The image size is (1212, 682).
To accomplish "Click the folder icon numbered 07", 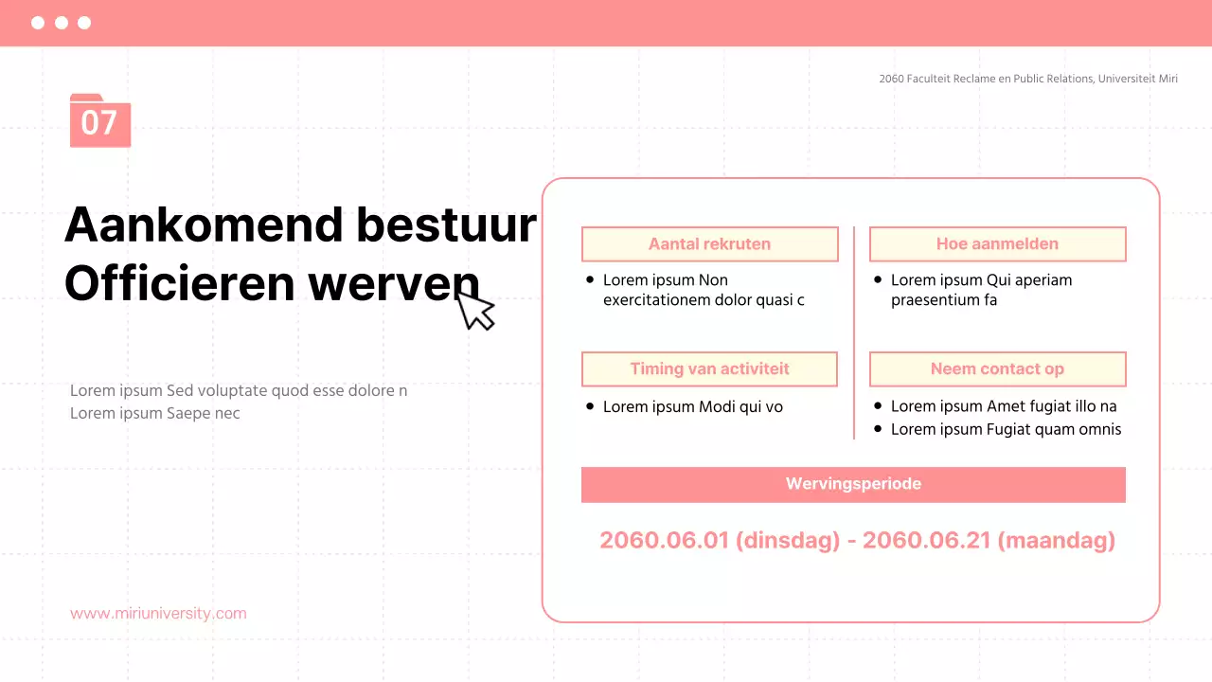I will pos(99,121).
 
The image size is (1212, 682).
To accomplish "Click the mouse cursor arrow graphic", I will pos(475,310).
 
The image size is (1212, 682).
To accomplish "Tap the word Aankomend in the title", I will pos(204,225).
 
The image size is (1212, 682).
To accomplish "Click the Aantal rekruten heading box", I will pos(709,244).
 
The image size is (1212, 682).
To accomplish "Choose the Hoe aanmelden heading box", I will pos(997,244).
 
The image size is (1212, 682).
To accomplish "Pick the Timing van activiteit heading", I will pos(709,369).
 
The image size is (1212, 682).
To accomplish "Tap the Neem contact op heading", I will pos(997,369).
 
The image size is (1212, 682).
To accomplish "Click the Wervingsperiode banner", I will pos(853,484).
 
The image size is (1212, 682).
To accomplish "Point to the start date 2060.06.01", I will pos(664,541).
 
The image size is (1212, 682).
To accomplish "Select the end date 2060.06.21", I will pos(926,541).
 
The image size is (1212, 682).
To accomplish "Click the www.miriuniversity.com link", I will pos(158,614).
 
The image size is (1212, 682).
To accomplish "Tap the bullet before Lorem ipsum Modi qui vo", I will pos(590,406).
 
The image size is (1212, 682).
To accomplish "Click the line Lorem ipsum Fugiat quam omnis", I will pos(1006,430).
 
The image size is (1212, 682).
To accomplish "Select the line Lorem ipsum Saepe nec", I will pos(155,414).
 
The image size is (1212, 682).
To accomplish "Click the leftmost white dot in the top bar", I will pos(38,23).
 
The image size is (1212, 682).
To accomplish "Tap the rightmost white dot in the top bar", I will pos(84,23).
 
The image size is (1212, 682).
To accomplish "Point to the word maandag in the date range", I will pos(1056,541).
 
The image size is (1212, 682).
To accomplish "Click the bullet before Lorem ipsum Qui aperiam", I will pos(878,279).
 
